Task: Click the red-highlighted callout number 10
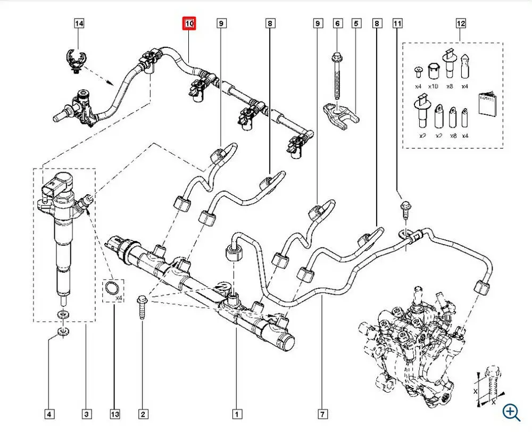(189, 23)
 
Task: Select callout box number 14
(79, 23)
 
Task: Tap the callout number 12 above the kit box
(461, 23)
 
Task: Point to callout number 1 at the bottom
(236, 413)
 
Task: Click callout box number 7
(323, 413)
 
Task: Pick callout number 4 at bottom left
(48, 413)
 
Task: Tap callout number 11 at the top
(397, 23)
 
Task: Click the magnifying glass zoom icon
(511, 411)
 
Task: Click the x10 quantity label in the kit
(433, 86)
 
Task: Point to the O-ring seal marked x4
(112, 289)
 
